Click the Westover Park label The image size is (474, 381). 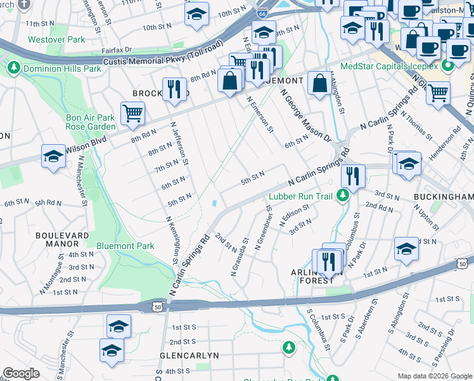pyautogui.click(x=56, y=39)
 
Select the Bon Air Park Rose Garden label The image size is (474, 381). pyautogui.click(x=91, y=122)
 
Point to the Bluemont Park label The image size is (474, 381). pyautogui.click(x=125, y=246)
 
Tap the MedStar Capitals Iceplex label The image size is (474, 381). pyautogui.click(x=389, y=66)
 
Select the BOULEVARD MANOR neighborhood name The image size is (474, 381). pyautogui.click(x=62, y=239)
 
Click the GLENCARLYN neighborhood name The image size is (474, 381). pyautogui.click(x=189, y=355)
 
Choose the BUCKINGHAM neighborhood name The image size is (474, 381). pyautogui.click(x=443, y=197)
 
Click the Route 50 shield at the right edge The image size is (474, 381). pyautogui.click(x=463, y=264)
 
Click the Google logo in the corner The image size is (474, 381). pyautogui.click(x=21, y=373)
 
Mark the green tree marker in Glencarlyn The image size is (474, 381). pyautogui.click(x=288, y=348)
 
